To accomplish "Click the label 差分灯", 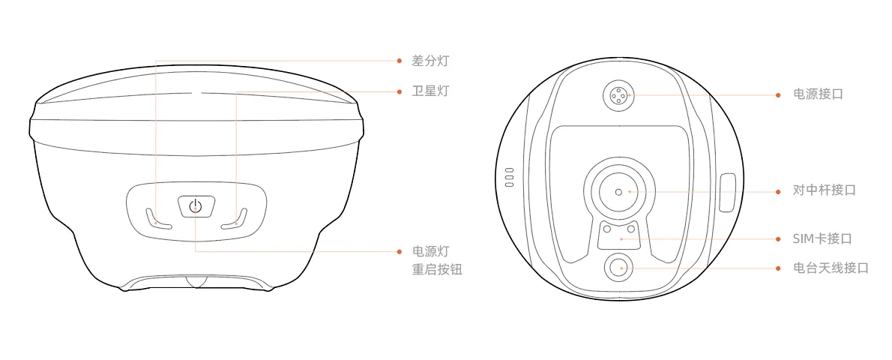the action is (x=431, y=61).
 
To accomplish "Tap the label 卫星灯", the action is (x=431, y=91).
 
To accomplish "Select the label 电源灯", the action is (x=431, y=251).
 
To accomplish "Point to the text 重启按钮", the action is (x=437, y=269).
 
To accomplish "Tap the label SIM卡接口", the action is (x=822, y=238).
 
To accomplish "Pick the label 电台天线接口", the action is (x=831, y=268).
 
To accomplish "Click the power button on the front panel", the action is (x=196, y=205).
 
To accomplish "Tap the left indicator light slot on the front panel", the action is (x=157, y=219).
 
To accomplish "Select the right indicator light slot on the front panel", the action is (x=235, y=219).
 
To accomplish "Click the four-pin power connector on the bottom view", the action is (x=618, y=94).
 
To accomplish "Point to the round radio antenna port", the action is (x=618, y=266).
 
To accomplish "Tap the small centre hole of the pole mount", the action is (x=618, y=192).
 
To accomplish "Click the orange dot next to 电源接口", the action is (x=778, y=94).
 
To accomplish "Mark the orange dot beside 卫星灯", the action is (x=400, y=91).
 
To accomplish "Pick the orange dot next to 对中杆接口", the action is (x=778, y=192).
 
